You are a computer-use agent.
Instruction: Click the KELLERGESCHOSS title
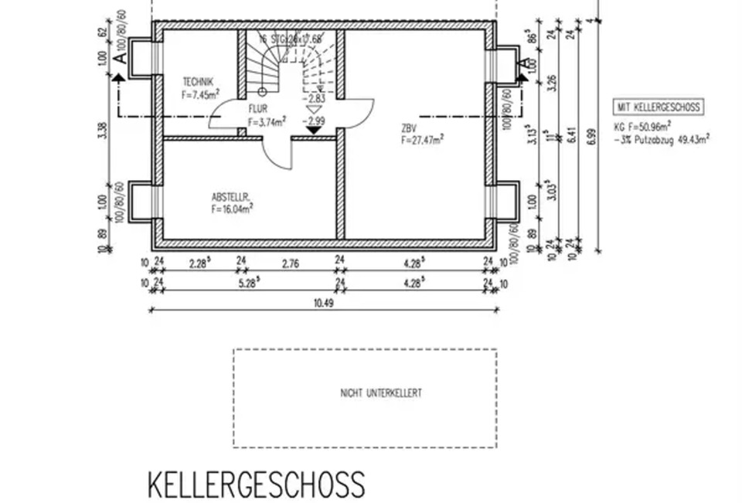click(x=256, y=484)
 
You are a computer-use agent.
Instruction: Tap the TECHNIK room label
click(x=197, y=82)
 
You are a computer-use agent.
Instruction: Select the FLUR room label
click(x=257, y=110)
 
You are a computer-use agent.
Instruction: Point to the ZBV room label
click(x=407, y=128)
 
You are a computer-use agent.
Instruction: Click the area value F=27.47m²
click(x=422, y=141)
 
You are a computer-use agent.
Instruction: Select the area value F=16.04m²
click(x=233, y=209)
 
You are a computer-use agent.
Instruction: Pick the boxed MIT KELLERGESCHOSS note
click(x=658, y=107)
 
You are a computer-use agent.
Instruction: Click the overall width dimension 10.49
click(x=323, y=303)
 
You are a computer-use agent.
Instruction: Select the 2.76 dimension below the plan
click(x=289, y=263)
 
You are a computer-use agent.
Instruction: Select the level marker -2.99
click(x=315, y=121)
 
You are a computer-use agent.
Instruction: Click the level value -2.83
click(x=315, y=98)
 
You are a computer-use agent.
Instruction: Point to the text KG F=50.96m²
click(x=642, y=126)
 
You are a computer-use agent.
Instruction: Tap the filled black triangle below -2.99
click(x=314, y=131)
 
